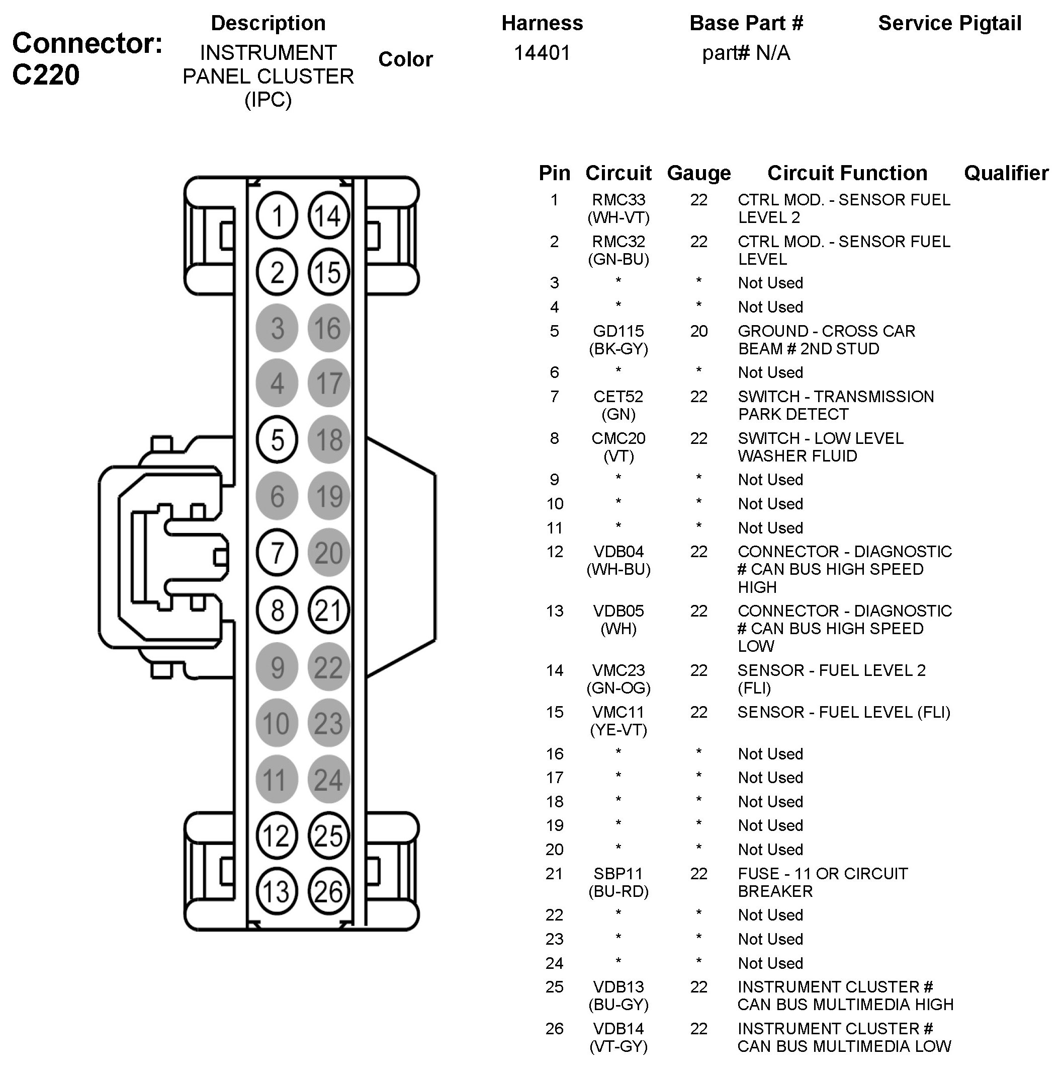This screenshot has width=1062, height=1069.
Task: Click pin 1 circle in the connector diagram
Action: (x=277, y=216)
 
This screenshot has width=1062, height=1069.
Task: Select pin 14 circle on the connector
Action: (x=328, y=216)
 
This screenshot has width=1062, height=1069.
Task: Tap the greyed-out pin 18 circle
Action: (x=329, y=440)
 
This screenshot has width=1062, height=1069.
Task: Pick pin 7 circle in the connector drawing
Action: (x=277, y=553)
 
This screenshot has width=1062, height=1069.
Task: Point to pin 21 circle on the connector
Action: (x=328, y=610)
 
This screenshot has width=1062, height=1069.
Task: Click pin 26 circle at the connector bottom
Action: (x=328, y=892)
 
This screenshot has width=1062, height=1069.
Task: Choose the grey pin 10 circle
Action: (x=277, y=723)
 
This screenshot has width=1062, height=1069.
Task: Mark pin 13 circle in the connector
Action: (x=277, y=892)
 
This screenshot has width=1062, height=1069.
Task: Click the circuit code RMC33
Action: (x=618, y=200)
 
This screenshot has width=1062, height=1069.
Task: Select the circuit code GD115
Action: (x=618, y=331)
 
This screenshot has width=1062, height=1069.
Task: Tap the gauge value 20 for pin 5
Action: (x=699, y=331)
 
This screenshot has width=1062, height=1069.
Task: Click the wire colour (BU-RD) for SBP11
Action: (x=618, y=891)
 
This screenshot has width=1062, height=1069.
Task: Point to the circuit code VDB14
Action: (x=618, y=1029)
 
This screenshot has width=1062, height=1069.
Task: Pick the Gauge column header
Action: (x=699, y=173)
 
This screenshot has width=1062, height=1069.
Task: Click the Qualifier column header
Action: (x=1006, y=173)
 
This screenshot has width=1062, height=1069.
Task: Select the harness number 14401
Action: (x=542, y=53)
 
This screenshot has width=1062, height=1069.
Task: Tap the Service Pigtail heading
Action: (x=949, y=23)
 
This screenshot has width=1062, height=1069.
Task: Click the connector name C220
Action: (x=46, y=74)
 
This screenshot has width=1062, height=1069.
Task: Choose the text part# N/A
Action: (x=746, y=53)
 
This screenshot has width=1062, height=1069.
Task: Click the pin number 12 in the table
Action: (x=555, y=552)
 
